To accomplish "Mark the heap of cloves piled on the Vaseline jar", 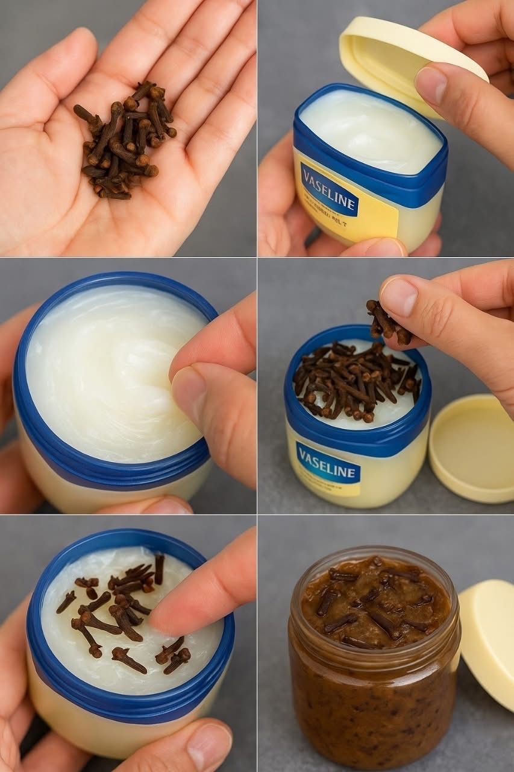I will (x=356, y=380).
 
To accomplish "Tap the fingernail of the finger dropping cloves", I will (x=398, y=296).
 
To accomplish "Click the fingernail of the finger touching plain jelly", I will (x=188, y=392).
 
